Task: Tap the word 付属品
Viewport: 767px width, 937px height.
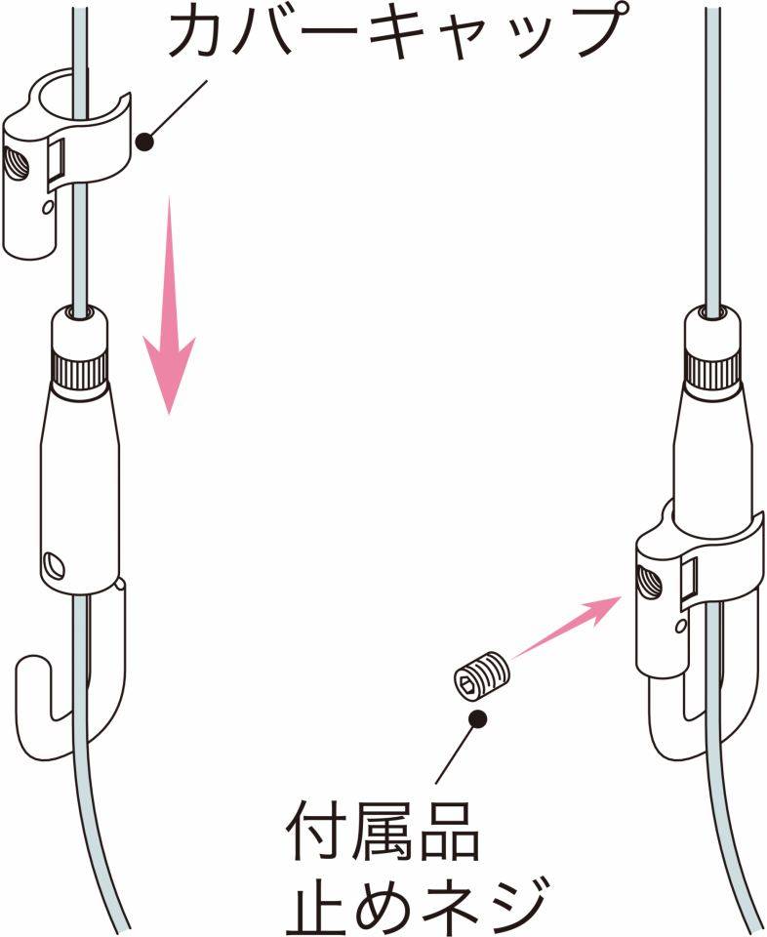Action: [x=383, y=832]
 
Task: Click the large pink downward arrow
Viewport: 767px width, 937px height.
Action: [x=169, y=305]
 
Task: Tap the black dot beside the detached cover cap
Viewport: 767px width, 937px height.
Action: [x=144, y=143]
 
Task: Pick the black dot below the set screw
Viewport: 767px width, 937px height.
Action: [x=477, y=719]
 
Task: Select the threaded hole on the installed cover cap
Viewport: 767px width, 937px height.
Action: [x=649, y=584]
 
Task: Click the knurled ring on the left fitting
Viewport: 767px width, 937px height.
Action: [x=79, y=370]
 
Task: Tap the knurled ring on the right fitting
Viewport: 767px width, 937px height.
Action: [x=712, y=370]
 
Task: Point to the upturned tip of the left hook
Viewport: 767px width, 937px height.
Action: [x=31, y=661]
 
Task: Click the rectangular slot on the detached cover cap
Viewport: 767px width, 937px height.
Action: [x=57, y=159]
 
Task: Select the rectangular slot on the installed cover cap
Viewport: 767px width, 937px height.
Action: [x=688, y=580]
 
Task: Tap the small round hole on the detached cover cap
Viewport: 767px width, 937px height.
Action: [x=47, y=207]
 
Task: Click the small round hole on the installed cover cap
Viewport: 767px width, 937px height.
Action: [x=680, y=626]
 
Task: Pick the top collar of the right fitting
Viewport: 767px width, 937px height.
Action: [x=712, y=331]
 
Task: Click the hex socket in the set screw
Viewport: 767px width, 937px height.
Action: [x=466, y=682]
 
